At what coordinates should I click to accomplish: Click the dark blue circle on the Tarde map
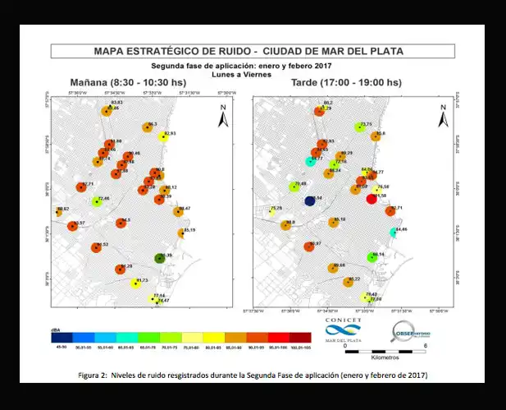click(311, 200)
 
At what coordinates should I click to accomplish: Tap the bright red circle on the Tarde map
click(371, 198)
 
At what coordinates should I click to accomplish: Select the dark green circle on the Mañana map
click(161, 259)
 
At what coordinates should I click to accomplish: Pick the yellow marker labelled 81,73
click(135, 283)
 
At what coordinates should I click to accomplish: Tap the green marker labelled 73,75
click(357, 128)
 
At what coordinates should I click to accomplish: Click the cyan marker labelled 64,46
click(394, 233)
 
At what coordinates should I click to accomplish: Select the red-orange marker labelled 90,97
click(310, 246)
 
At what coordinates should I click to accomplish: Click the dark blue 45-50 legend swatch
click(62, 336)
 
